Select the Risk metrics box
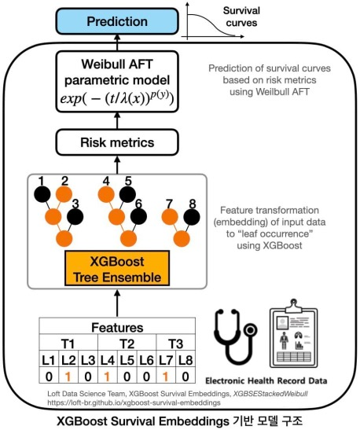117,143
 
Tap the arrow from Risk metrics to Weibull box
117,124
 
